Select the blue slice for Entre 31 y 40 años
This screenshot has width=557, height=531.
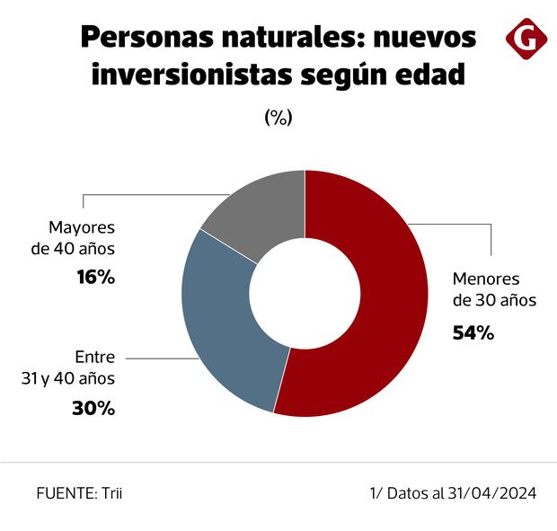click(x=220, y=323)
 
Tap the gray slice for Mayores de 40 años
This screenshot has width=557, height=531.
click(x=256, y=211)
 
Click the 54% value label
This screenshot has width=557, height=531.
click(x=473, y=333)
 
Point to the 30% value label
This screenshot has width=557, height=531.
click(x=93, y=408)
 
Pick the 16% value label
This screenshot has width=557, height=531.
click(x=94, y=278)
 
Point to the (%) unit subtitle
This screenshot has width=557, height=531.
click(x=278, y=118)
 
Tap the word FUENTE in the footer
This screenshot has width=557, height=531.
click(x=60, y=493)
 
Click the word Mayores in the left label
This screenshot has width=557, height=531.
click(x=83, y=226)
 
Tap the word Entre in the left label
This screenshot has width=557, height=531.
click(x=94, y=357)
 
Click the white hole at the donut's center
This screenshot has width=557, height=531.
click(x=305, y=293)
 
